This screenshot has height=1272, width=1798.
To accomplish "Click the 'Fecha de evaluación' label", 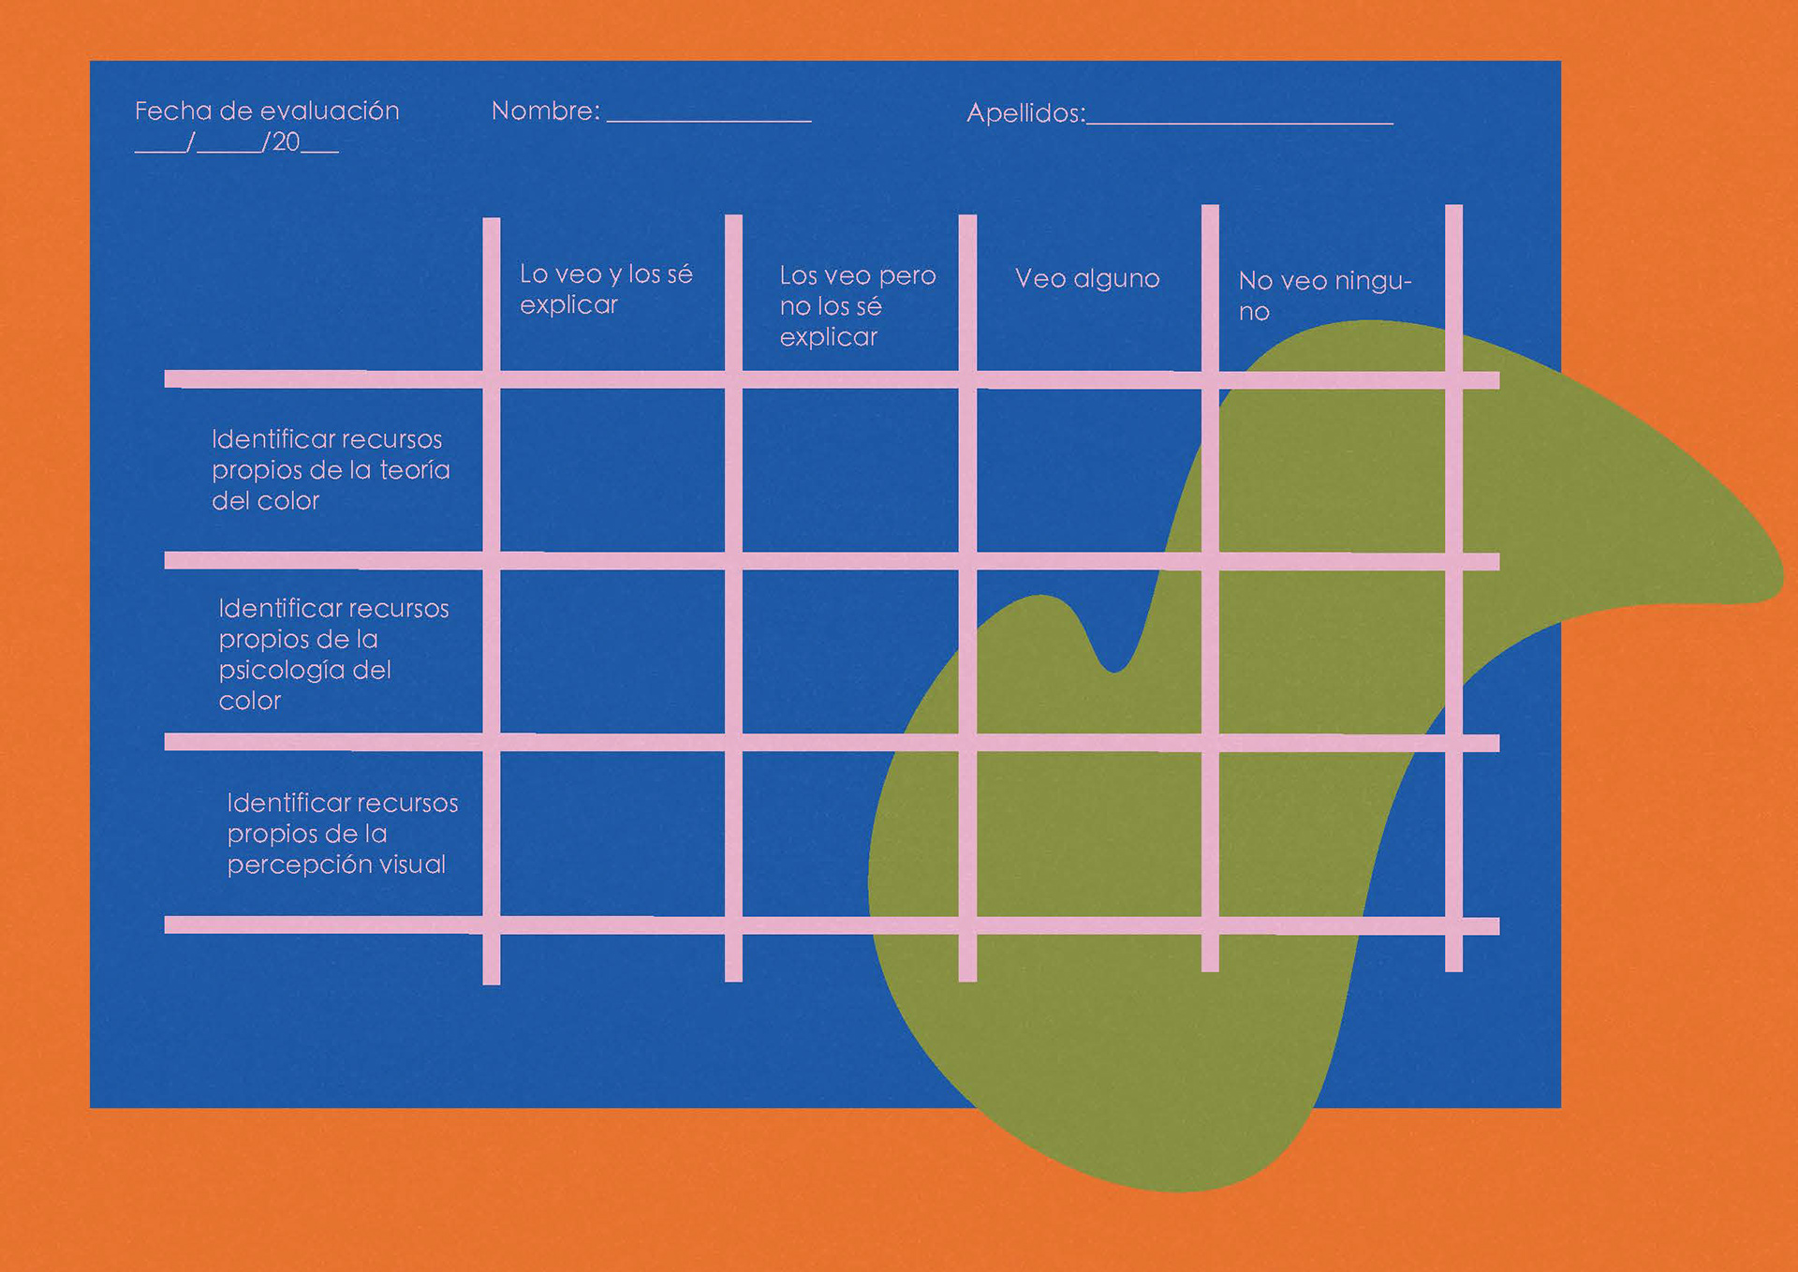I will point(267,111).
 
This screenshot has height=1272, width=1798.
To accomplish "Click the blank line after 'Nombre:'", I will point(709,116).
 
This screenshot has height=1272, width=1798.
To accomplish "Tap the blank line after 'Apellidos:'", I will point(1240,118).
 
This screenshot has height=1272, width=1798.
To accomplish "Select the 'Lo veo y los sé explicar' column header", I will point(606,289).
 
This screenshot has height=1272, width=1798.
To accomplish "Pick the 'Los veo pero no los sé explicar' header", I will point(857,305).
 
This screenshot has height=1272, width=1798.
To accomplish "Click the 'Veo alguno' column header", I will point(1087,279).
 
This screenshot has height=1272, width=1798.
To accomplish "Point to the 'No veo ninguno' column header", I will point(1324,295).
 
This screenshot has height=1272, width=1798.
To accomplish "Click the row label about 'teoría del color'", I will point(331,470).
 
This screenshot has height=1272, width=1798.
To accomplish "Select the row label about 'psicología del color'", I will point(333,654).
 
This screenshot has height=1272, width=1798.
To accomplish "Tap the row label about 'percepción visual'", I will point(342,834).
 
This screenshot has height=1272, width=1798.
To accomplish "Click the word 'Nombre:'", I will point(545,111).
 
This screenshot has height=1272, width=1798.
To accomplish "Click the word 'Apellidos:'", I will point(1025,113).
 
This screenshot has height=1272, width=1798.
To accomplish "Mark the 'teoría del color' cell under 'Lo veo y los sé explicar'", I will point(612,470).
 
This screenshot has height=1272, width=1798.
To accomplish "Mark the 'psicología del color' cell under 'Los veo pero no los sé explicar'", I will point(850,652).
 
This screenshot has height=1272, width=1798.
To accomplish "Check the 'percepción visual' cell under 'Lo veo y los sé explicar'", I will point(612,834).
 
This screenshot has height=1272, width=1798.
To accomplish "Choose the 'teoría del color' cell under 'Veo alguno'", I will point(1089,470).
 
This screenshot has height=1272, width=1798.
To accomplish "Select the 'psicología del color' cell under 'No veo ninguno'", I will point(1332,652).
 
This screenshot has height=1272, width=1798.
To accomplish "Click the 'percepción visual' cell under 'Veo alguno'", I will point(1089,834).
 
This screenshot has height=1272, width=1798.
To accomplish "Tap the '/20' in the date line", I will point(283,142).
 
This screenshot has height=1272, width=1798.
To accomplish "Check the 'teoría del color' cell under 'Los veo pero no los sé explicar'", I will point(850,470).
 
